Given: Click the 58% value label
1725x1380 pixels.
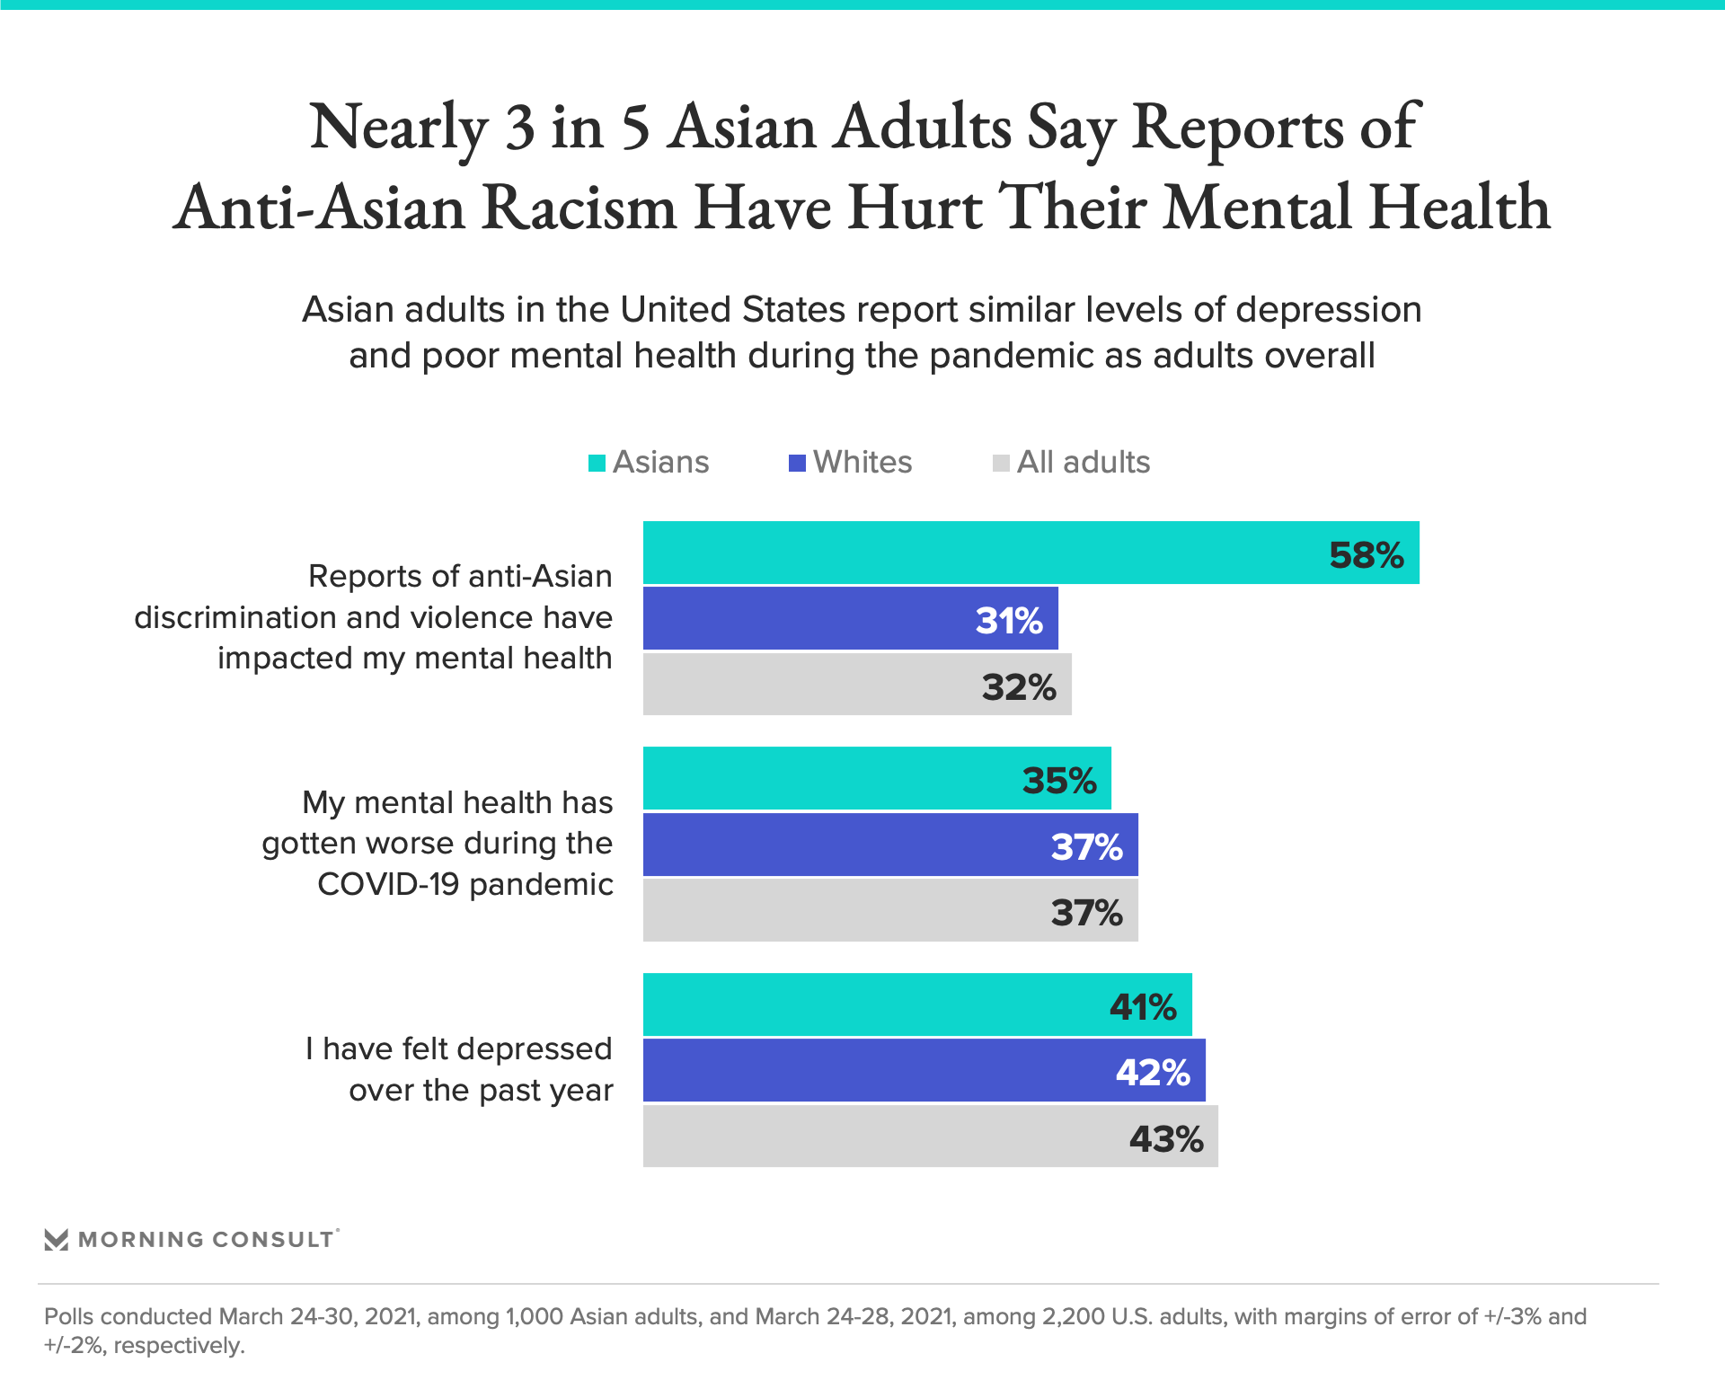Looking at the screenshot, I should coord(1366,555).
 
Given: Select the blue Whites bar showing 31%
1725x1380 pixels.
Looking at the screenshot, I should coord(850,619).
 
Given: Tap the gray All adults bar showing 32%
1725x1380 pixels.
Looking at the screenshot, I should coord(857,686).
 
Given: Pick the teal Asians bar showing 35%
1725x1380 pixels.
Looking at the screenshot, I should coord(877,779).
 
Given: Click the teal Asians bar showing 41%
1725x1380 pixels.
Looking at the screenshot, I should coord(917,1005).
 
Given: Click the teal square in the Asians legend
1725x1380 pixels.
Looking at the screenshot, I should coord(597,464).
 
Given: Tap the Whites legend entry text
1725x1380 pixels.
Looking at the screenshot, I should coord(862,462).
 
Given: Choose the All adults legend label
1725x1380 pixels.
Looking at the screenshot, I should coord(1083,462).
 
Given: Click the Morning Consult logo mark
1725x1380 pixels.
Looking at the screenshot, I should coord(57,1241).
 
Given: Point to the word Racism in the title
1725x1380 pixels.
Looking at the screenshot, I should coord(579,208).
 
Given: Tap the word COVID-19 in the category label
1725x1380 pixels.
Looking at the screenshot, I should coord(388,884).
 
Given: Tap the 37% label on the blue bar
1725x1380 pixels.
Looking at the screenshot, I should coord(1086,846).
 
